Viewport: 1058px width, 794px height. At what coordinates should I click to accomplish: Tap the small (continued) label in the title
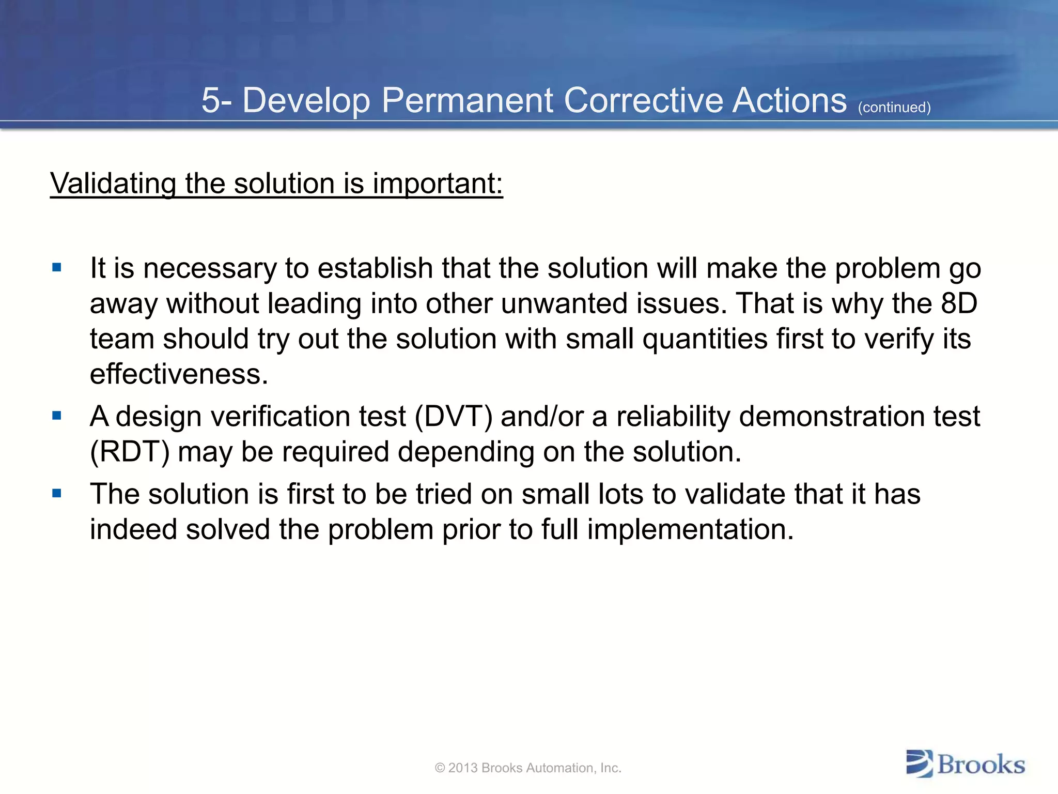click(x=894, y=108)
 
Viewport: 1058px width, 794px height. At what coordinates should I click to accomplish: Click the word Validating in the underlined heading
click(x=113, y=184)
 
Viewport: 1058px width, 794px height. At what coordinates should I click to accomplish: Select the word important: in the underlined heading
click(x=438, y=184)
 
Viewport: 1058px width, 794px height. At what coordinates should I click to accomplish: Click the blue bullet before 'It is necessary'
click(x=57, y=268)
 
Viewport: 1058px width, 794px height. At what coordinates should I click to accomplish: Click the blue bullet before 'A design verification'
click(x=57, y=416)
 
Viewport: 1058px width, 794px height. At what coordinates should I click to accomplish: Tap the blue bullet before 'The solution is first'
click(x=57, y=494)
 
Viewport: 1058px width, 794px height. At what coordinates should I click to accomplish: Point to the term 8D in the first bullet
click(x=959, y=303)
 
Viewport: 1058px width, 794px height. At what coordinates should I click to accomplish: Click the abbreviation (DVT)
click(x=454, y=417)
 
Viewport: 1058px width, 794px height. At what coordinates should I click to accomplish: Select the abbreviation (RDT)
click(x=130, y=452)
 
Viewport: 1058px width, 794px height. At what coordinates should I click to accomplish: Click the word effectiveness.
click(x=179, y=374)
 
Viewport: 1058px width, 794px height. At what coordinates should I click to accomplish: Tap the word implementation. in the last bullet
click(x=690, y=529)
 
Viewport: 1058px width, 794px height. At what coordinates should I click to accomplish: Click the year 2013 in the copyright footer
click(x=463, y=768)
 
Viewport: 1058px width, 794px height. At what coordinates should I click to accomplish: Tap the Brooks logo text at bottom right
click(x=981, y=765)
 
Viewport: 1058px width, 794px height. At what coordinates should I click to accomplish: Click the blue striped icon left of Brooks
click(x=920, y=764)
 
